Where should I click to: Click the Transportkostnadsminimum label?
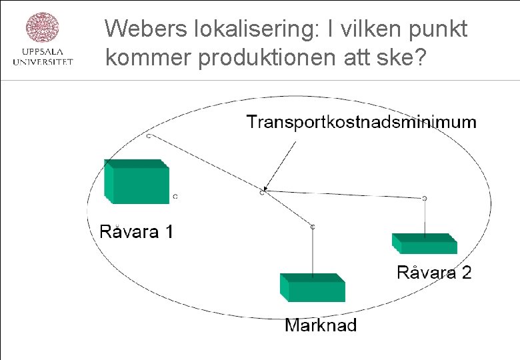[361, 122]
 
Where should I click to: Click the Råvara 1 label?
[136, 232]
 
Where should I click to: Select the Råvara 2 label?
[434, 272]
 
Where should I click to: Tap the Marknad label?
[321, 325]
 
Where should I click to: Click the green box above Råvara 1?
[136, 181]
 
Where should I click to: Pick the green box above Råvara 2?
[425, 243]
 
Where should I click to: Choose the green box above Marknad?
[312, 288]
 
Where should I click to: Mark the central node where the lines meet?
[262, 192]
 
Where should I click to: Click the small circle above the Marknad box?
[312, 227]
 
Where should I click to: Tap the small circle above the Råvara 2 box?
[425, 198]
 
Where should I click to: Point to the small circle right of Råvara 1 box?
[175, 197]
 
